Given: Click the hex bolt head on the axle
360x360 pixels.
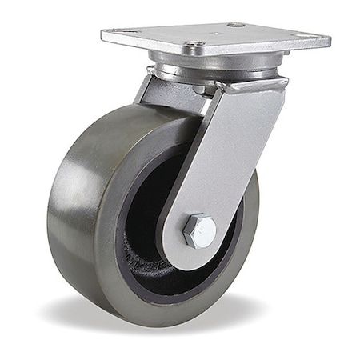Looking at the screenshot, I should tap(199, 231).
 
